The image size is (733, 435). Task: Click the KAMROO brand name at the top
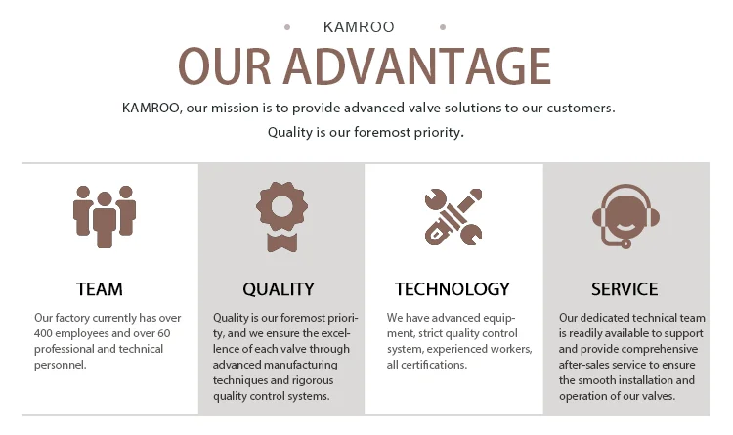(359, 27)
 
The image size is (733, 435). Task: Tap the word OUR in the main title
(225, 65)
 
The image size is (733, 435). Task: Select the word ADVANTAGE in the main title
(417, 65)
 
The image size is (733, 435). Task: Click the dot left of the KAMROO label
(287, 27)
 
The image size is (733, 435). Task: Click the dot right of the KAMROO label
(443, 27)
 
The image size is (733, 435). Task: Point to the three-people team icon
(105, 217)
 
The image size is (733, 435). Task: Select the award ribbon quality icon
(281, 217)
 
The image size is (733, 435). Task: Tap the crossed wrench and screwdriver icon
(453, 217)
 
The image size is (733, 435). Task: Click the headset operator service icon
(625, 216)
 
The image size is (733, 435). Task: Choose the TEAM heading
(100, 289)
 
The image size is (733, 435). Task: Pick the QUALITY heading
(279, 289)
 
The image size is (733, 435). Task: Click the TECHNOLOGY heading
(453, 289)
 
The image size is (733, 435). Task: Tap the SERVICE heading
(625, 289)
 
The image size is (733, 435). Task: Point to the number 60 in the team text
(164, 333)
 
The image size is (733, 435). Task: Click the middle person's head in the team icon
(105, 199)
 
